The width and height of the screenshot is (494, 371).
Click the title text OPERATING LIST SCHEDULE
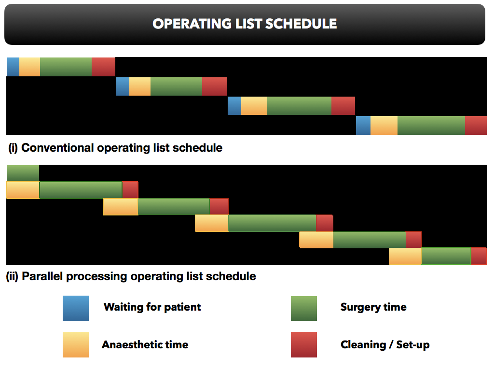click(245, 24)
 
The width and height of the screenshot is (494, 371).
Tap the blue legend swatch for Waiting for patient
click(76, 308)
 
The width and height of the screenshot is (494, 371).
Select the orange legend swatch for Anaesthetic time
click(76, 344)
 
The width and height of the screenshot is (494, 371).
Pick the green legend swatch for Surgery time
click(304, 308)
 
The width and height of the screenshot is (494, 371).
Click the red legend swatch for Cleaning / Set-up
click(304, 344)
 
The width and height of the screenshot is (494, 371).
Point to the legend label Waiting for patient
click(152, 307)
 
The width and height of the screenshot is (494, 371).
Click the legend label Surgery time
click(373, 307)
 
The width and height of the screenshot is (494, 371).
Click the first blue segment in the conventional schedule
click(13, 67)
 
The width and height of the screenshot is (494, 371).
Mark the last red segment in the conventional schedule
click(476, 125)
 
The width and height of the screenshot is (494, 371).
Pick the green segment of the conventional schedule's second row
click(176, 86)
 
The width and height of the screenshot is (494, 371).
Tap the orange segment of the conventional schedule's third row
click(254, 106)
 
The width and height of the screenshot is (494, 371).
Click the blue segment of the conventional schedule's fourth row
click(363, 125)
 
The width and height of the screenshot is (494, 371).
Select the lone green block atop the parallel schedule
click(23, 173)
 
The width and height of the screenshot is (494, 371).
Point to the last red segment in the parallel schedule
click(479, 256)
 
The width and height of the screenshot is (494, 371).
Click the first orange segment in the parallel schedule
click(23, 190)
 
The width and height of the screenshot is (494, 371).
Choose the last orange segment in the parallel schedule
click(405, 256)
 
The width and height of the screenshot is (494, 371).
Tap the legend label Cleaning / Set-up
click(385, 344)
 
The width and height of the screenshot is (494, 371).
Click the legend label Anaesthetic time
click(145, 344)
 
